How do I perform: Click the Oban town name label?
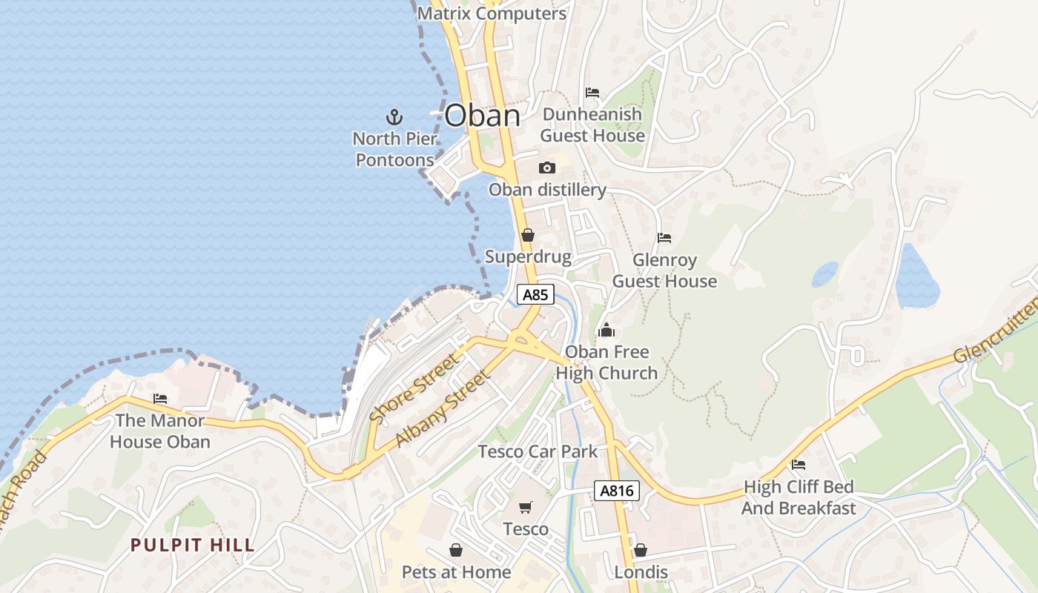coord(482,116)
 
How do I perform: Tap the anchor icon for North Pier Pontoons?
coord(394,116)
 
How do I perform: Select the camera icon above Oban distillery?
coord(547,168)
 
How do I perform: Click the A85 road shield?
coord(535,295)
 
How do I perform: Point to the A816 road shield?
coord(616,491)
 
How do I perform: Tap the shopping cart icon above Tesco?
coord(526,508)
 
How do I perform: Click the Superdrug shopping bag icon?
coord(528,235)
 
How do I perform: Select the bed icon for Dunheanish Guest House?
coord(592,93)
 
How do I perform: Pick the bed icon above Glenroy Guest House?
coord(664,238)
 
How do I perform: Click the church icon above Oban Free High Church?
coord(606,330)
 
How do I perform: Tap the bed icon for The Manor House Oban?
coord(160,399)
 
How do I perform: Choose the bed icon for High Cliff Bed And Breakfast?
coord(799,465)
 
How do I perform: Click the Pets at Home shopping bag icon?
coord(456,550)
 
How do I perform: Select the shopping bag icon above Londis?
coord(641,550)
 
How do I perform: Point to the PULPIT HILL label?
coord(193,546)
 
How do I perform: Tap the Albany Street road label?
coord(443,408)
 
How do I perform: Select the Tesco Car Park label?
coord(538,451)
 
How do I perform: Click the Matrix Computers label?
coord(492,13)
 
